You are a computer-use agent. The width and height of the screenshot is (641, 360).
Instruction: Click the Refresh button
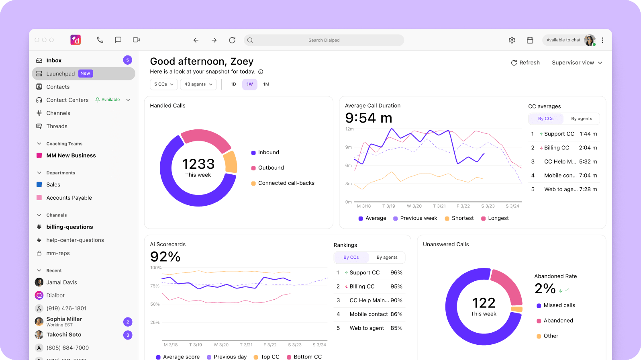(x=525, y=63)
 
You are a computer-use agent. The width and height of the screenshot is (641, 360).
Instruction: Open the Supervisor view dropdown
(x=577, y=63)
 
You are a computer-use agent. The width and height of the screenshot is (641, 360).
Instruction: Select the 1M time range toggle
(x=266, y=84)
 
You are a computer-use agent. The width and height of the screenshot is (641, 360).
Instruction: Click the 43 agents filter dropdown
(x=198, y=84)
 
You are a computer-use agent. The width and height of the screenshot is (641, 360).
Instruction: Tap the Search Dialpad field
(x=324, y=40)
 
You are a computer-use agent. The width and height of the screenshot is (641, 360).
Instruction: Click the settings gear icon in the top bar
(x=512, y=40)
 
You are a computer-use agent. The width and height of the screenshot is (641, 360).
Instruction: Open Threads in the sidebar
(x=57, y=126)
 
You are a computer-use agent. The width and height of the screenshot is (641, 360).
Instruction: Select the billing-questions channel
(x=69, y=227)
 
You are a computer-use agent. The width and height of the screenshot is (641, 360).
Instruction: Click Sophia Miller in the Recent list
(x=64, y=319)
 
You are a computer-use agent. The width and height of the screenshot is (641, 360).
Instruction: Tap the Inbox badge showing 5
(x=127, y=60)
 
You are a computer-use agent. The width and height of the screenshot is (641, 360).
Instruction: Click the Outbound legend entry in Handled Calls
(x=271, y=168)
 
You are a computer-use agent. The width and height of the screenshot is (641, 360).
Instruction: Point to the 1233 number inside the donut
(x=198, y=164)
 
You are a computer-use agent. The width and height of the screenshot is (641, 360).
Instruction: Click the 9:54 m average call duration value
(x=368, y=118)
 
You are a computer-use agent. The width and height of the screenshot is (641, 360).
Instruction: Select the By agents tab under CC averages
(x=581, y=119)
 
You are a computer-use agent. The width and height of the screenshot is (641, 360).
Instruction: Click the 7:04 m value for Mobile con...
(x=588, y=176)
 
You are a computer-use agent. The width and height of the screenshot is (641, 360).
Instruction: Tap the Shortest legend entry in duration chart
(x=462, y=218)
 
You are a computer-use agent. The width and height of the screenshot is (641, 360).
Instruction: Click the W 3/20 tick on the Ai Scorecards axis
(x=221, y=345)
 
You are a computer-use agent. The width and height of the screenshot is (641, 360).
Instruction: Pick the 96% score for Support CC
(x=396, y=273)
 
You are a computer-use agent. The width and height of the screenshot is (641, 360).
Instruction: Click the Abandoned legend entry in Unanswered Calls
(x=558, y=321)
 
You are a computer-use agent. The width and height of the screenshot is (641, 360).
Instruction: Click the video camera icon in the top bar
(x=136, y=40)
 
